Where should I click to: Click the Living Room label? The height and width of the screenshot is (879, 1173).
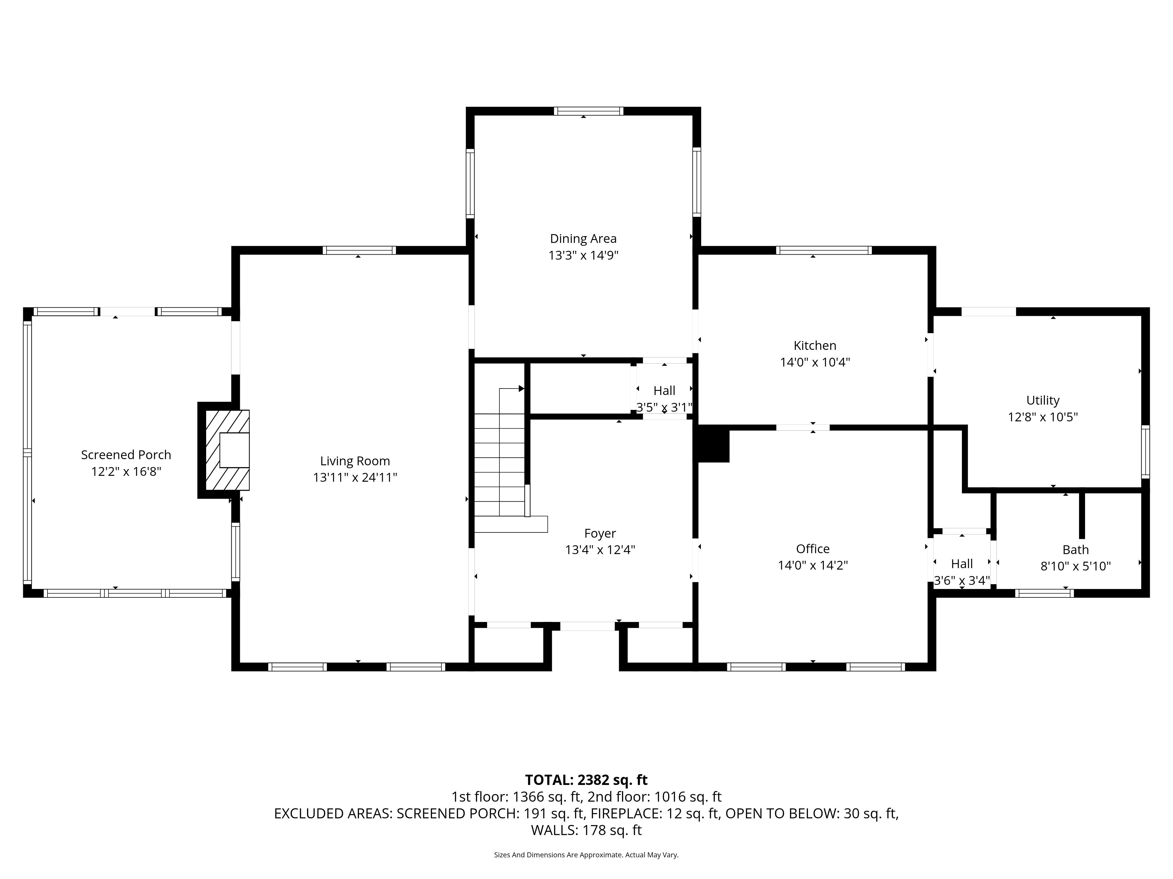(355, 461)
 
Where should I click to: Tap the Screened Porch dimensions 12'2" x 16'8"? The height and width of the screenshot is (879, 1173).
(126, 471)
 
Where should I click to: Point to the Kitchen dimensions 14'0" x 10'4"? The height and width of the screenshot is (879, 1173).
(815, 362)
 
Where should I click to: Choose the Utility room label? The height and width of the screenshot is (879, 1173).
(1043, 401)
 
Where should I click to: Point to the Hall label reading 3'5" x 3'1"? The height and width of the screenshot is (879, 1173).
(665, 398)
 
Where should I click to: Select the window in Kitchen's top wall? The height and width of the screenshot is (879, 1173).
(823, 250)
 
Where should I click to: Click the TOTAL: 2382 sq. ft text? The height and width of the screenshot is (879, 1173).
(586, 780)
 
